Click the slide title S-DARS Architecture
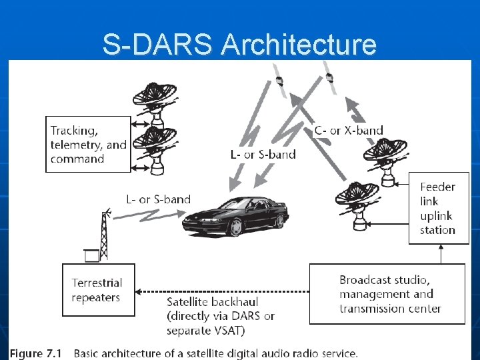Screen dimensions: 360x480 pos(239,45)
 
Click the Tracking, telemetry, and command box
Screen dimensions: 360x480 pos(88,144)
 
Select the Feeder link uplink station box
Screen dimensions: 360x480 pos(438,208)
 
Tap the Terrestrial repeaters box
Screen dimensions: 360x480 pos(98,289)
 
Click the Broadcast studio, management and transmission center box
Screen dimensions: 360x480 pos(387,294)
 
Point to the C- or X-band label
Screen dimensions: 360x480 pos(349,131)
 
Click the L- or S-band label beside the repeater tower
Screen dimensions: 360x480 pos(158,199)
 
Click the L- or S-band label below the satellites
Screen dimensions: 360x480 pos(263,155)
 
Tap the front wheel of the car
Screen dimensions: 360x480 pos(235,227)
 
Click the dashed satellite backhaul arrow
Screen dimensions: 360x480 pos(220,291)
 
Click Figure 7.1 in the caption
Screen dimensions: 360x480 pos(37,353)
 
